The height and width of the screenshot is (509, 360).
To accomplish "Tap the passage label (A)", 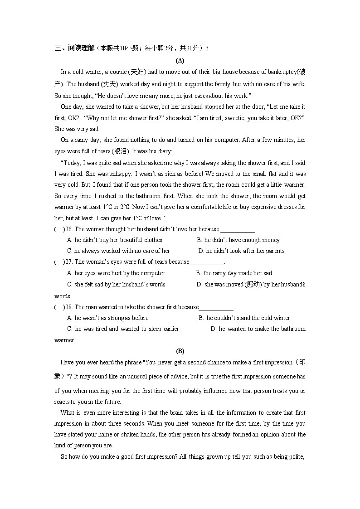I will [x=180, y=60].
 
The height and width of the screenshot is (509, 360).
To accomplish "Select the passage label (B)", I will [x=180, y=351].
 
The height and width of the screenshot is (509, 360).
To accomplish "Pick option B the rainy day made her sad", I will [x=237, y=273].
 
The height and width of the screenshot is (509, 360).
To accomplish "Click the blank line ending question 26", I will [x=238, y=230].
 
